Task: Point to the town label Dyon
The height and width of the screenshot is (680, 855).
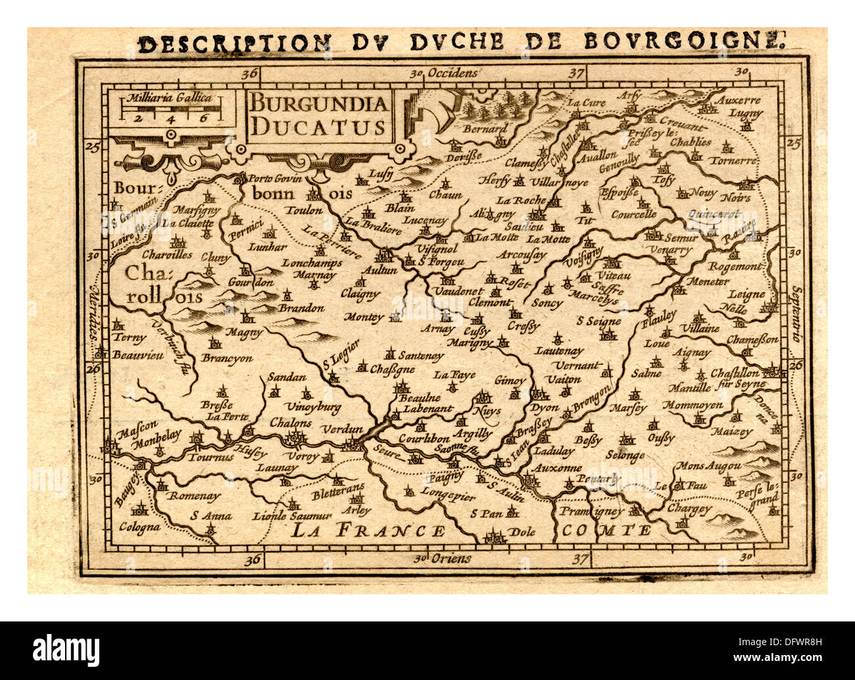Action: tap(544, 408)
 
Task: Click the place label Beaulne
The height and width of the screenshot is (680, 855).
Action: tap(420, 397)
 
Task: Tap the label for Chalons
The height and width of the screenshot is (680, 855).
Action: tap(290, 422)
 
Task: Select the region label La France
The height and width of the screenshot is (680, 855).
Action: tap(368, 530)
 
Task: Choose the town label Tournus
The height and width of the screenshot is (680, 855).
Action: tap(210, 456)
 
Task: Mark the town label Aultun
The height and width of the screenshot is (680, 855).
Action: tap(379, 270)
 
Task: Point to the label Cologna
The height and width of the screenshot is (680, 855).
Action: tap(139, 527)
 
